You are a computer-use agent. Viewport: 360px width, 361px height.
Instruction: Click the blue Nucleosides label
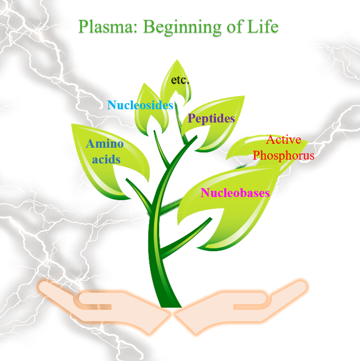(x=140, y=105)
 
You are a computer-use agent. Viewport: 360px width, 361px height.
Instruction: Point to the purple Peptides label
(x=211, y=118)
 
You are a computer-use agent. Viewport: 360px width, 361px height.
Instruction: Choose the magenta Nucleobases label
(x=235, y=193)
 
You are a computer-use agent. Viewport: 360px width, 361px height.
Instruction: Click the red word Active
(x=284, y=140)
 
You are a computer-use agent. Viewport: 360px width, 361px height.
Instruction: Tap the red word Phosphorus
(x=284, y=155)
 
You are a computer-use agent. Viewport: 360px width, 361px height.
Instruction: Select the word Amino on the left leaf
(x=104, y=144)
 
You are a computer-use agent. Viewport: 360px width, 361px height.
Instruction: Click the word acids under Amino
(x=106, y=159)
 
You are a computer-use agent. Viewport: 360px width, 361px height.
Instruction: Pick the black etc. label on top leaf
(x=180, y=80)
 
